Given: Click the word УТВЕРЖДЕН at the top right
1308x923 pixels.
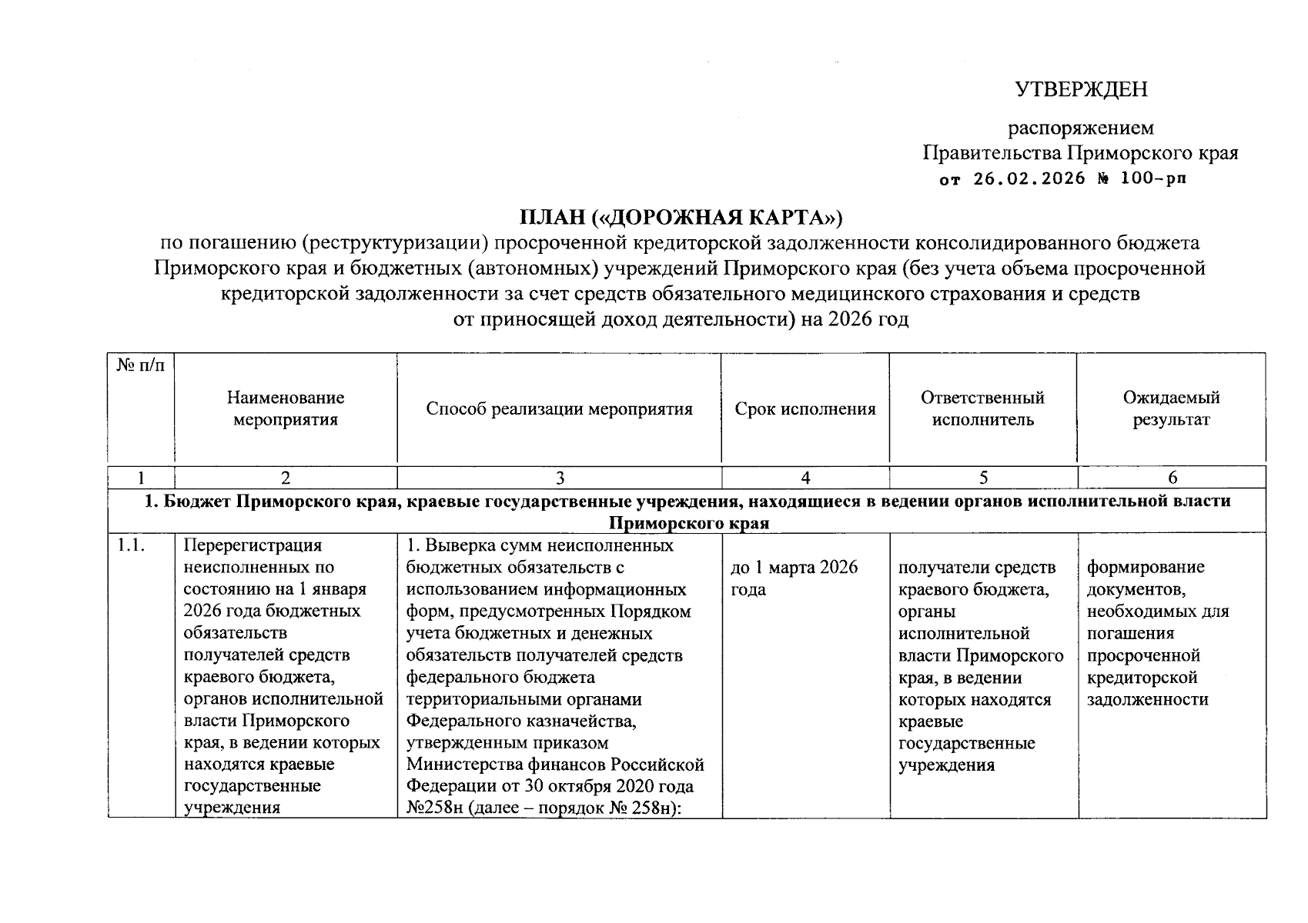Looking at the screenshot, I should coord(1081,90).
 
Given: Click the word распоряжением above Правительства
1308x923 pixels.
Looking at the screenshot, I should coord(1081,128).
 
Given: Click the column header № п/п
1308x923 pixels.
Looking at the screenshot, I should coord(140,365).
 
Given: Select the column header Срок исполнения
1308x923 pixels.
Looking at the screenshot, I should coord(805,409).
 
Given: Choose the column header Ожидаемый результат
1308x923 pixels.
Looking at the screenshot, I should coord(1171,408).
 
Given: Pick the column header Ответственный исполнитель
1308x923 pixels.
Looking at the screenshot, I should coord(982,408).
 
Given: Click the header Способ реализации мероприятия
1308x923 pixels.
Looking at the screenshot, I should coord(559,409).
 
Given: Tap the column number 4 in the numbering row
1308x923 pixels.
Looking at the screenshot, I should coord(805,478).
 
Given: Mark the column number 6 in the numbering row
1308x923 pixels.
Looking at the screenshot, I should coord(1172,478).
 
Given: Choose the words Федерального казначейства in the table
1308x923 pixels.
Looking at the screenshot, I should coord(520,721).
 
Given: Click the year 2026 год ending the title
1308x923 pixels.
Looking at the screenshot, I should coord(868,319).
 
